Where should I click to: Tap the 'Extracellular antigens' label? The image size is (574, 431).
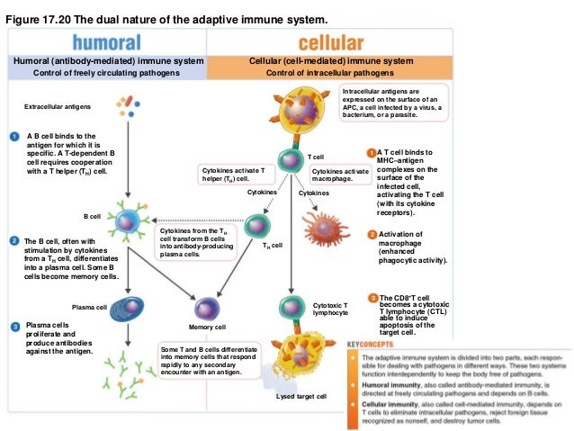[x=58, y=107]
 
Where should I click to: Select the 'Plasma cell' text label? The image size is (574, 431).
[x=89, y=307]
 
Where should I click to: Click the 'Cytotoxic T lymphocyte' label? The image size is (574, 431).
[x=329, y=309]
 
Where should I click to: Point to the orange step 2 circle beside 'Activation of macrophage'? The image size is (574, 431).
[x=372, y=235]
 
